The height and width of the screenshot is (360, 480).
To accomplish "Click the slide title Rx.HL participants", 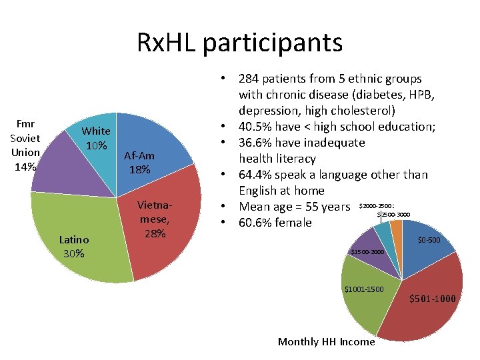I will tap(239, 43).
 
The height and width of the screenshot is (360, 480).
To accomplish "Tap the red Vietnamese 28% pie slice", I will tap(167, 233).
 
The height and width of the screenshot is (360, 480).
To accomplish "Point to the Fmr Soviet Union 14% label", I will tap(25, 145).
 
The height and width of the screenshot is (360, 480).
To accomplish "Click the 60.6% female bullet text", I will tap(275, 223).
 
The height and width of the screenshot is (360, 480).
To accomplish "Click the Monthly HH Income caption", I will tap(326, 342).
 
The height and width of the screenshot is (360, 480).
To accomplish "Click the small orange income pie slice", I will tap(397, 230).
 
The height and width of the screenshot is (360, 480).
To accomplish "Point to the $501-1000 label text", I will tap(433, 299).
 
